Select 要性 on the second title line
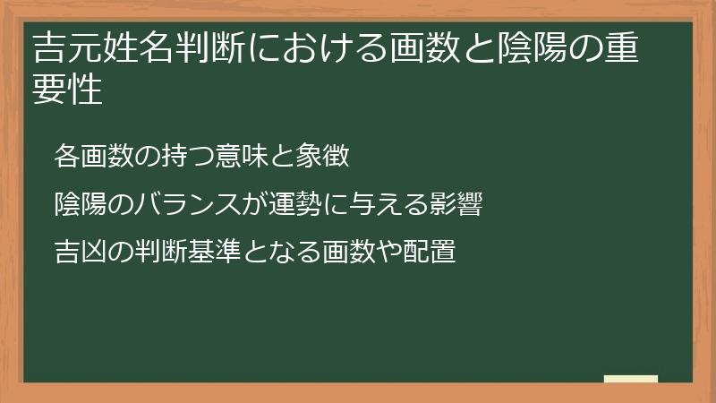68,90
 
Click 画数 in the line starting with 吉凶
355,252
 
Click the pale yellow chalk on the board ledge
631,379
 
